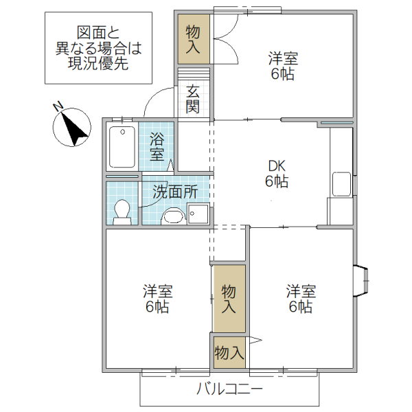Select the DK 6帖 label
click(277, 174)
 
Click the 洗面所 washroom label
click(175, 192)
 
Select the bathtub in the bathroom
click(122, 147)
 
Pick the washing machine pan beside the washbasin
click(198, 214)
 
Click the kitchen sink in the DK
click(341, 184)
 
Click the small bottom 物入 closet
click(229, 353)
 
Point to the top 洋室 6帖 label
click(282, 67)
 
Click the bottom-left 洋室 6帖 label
click(157, 299)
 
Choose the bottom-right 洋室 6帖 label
click(301, 299)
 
